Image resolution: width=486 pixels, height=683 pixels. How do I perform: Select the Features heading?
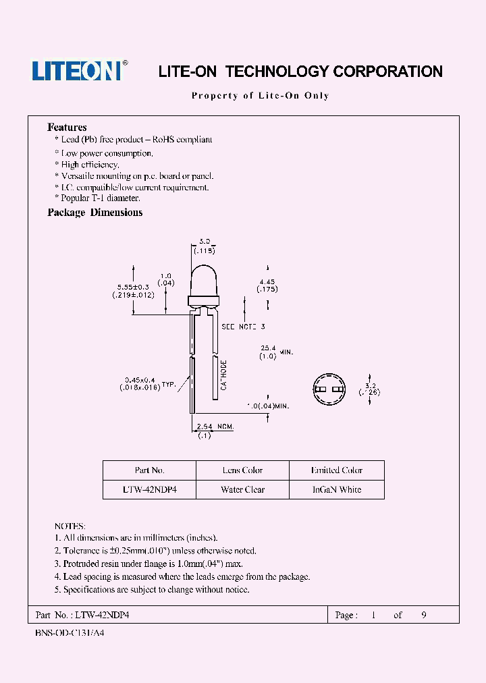point(67,128)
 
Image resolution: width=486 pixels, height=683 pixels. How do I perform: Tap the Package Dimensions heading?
point(94,213)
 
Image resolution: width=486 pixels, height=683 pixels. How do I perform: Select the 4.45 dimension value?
point(267,281)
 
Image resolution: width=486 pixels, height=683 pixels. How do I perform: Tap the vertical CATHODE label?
point(224,375)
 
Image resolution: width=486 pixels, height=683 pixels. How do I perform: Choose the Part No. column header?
point(149,470)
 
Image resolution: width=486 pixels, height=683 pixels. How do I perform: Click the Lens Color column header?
point(242,470)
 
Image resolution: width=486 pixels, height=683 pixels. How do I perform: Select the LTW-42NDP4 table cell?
point(149,489)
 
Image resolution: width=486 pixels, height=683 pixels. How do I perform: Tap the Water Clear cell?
point(242,489)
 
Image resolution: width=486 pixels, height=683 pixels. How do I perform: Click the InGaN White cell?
point(336,489)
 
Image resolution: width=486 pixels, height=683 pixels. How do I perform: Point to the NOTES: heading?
point(70,526)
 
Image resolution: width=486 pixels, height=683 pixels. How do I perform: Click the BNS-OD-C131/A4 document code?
point(69,634)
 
